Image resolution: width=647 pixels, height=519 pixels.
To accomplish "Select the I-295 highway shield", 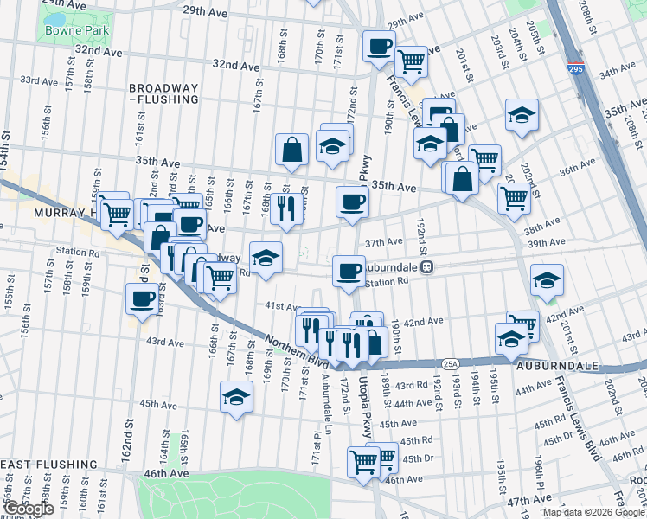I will point(576,71).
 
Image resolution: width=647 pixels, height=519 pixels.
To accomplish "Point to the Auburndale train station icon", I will point(426,268).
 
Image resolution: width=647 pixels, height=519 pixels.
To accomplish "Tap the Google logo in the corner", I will point(29,509).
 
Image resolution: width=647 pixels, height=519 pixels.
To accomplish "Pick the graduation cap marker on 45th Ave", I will point(236,397).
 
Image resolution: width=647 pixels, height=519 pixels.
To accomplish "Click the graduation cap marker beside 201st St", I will point(546,280).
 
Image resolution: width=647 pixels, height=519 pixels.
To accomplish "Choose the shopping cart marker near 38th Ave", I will point(514,197).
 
